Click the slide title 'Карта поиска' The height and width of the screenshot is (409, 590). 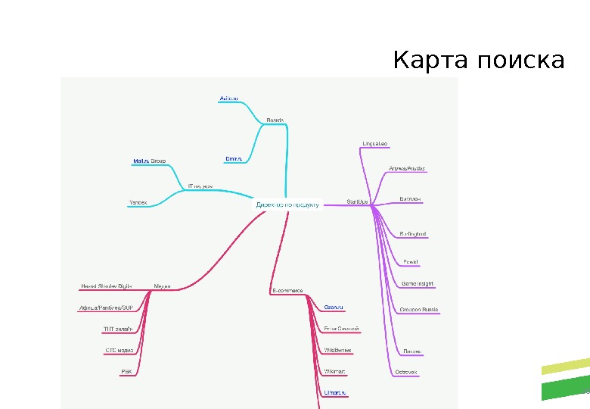(x=478, y=59)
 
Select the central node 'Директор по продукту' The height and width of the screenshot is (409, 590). (x=287, y=204)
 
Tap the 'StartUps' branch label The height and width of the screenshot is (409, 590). (x=357, y=201)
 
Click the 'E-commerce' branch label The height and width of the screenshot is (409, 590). (x=287, y=290)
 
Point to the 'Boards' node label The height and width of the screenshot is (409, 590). (x=275, y=120)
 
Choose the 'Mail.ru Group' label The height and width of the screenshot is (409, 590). (x=149, y=161)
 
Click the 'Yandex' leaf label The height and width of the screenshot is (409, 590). (x=138, y=202)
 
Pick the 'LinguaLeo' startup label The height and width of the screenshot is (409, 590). (x=375, y=142)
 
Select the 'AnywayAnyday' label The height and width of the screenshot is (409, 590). (x=408, y=167)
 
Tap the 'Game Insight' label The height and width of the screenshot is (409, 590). (x=417, y=283)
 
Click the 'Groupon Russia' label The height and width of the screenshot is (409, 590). (x=419, y=310)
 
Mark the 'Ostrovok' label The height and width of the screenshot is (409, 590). (x=407, y=372)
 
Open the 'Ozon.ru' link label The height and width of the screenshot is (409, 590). (x=334, y=307)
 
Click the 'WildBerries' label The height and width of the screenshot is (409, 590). (x=337, y=351)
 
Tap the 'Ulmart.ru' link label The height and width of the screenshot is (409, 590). (x=334, y=392)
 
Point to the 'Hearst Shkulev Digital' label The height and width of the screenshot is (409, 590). (x=107, y=286)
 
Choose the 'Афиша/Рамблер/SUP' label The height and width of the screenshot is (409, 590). (x=106, y=308)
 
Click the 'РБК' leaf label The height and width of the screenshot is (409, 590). (x=126, y=371)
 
